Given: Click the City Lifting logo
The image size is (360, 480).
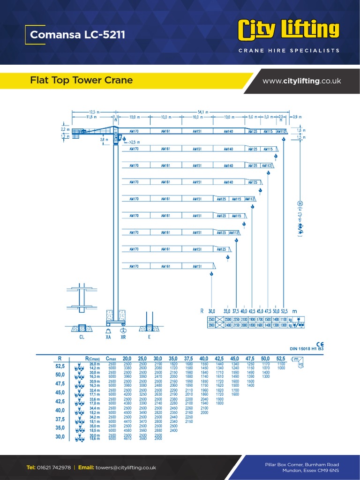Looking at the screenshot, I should pyautogui.click(x=289, y=30).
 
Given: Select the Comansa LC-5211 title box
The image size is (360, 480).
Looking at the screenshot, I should pyautogui.click(x=78, y=35).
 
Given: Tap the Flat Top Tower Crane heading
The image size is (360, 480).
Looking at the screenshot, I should pyautogui.click(x=81, y=80).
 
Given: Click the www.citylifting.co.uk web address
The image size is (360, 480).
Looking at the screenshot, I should pyautogui.click(x=301, y=81).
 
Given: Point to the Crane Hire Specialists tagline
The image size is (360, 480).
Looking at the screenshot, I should pyautogui.click(x=289, y=51).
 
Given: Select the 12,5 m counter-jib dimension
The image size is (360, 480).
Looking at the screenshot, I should pyautogui.click(x=94, y=112).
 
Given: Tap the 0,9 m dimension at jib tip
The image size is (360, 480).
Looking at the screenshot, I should pyautogui.click(x=297, y=116).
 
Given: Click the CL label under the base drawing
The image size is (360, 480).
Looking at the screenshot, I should pyautogui.click(x=82, y=337).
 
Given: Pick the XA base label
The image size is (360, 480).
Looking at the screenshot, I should pyautogui.click(x=108, y=337).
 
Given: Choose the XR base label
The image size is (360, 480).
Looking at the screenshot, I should pyautogui.click(x=123, y=337).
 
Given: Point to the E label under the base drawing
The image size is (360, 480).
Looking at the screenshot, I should pyautogui.click(x=150, y=337).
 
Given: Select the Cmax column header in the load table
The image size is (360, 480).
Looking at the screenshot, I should pyautogui.click(x=112, y=358).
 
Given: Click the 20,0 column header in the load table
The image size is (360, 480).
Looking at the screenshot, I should pyautogui.click(x=127, y=358).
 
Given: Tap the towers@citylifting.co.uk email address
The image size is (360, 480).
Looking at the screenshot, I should pyautogui.click(x=126, y=467).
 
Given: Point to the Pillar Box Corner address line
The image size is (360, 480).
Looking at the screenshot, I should pyautogui.click(x=302, y=464).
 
